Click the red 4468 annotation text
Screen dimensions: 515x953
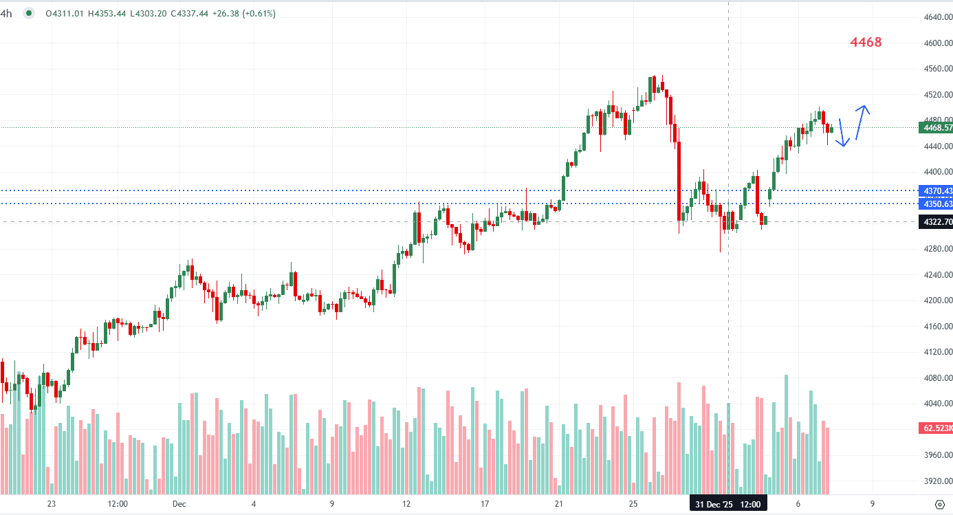[866, 43]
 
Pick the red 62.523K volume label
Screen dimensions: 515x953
[936, 428]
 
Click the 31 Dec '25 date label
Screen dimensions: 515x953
[713, 505]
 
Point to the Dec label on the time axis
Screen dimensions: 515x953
[180, 505]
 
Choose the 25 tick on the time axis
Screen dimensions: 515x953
[633, 505]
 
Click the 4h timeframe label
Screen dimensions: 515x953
[6, 13]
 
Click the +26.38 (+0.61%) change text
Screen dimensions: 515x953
[245, 13]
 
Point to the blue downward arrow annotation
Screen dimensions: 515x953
[843, 133]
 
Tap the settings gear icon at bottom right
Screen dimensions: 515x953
[939, 504]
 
